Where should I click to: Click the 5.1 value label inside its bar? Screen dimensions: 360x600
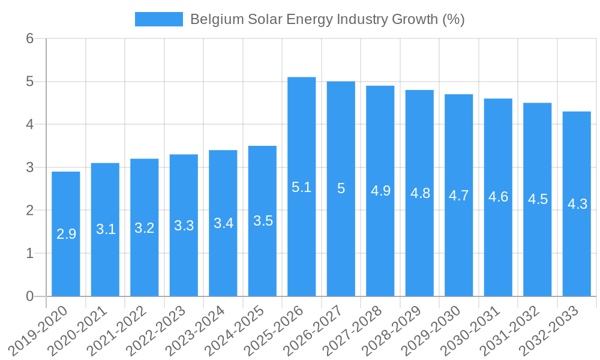tap(301, 187)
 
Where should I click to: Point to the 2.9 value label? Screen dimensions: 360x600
tap(66, 234)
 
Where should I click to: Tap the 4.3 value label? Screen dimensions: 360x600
tap(577, 204)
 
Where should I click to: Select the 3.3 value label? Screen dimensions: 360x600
tap(184, 226)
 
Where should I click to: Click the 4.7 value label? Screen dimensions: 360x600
tap(459, 196)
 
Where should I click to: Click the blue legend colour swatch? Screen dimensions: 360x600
tap(159, 19)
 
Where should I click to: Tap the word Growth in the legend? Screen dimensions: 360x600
tap(415, 19)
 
